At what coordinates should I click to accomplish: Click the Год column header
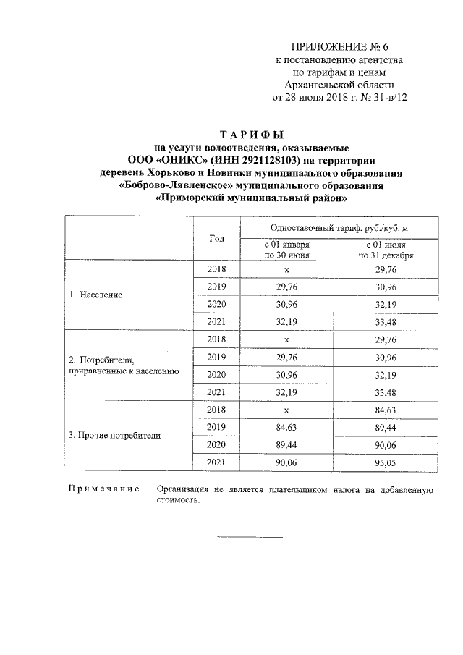click(216, 239)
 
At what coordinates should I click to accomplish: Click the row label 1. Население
click(95, 295)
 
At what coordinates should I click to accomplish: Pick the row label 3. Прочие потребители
click(114, 436)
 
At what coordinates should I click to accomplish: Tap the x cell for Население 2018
click(287, 269)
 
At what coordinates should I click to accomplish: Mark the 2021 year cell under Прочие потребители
click(216, 461)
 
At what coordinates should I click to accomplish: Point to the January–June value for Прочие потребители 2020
click(287, 444)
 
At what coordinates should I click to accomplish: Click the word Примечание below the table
click(103, 490)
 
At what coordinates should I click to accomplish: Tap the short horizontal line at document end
click(250, 537)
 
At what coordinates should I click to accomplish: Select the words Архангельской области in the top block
click(339, 85)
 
